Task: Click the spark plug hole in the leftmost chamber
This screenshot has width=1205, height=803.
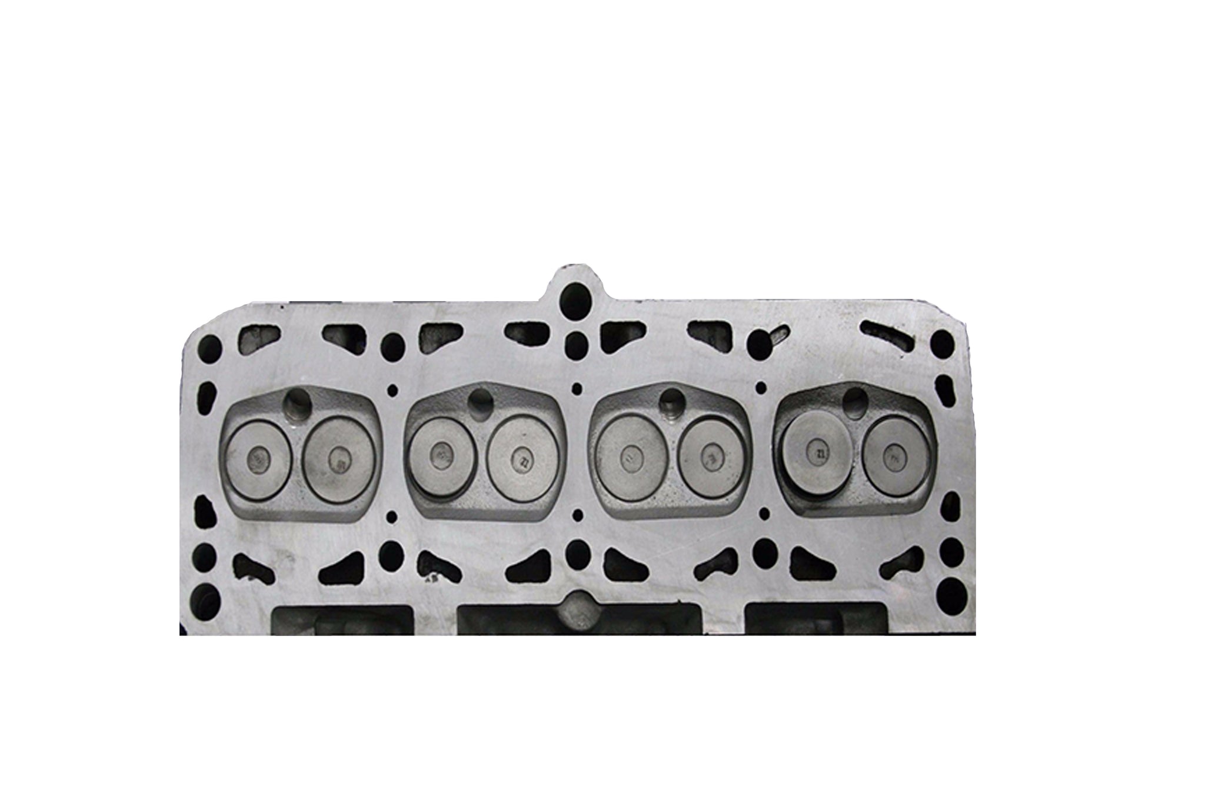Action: [x=297, y=402]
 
